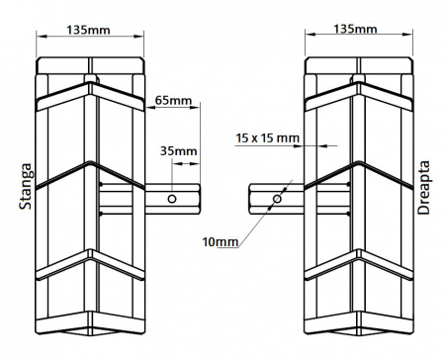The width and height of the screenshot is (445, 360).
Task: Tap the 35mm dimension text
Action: (178, 151)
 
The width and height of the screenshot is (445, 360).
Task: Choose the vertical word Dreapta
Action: (426, 188)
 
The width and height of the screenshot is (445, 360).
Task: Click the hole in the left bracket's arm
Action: (173, 199)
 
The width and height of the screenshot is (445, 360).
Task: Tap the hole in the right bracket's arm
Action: (276, 199)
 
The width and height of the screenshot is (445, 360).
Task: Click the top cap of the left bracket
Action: (90, 69)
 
